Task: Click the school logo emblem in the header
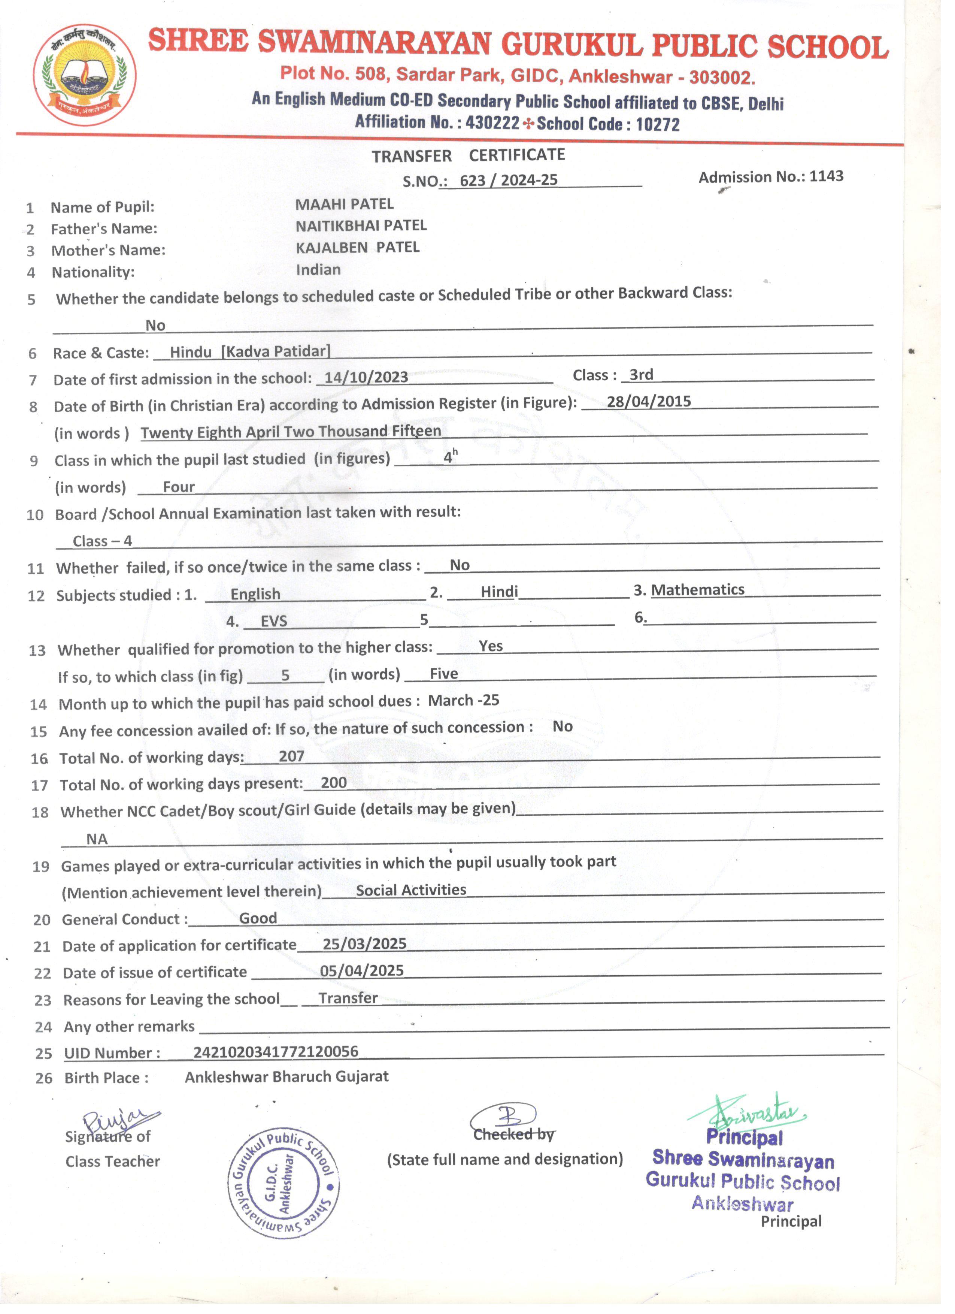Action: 85,75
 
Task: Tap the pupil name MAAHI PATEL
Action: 345,204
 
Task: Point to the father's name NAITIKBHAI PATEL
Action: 361,226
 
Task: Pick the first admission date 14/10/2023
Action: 366,377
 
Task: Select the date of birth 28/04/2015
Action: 649,402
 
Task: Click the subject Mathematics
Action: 698,590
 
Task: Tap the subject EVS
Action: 274,621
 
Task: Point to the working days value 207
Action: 291,756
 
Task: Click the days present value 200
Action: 334,783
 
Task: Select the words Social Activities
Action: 411,890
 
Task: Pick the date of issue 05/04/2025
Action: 362,970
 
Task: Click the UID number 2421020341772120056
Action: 276,1052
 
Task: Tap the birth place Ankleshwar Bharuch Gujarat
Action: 286,1076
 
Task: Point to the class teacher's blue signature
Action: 119,1123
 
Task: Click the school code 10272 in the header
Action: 657,124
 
